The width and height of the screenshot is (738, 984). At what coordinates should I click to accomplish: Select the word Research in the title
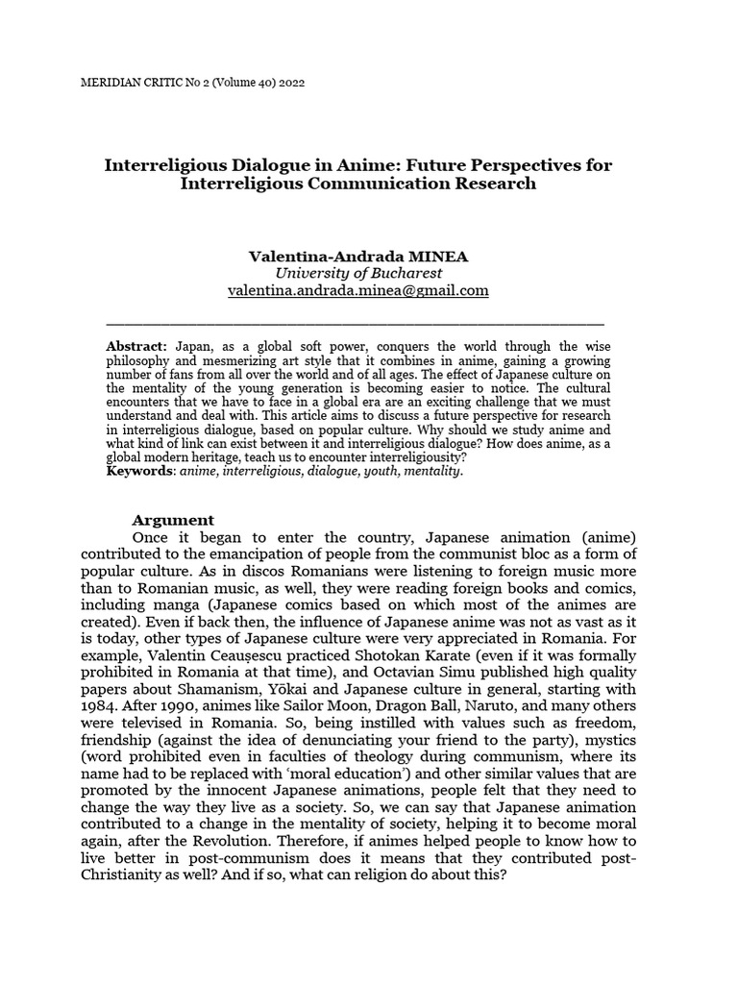click(x=488, y=184)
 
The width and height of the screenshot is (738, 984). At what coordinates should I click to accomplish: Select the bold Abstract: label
click(x=137, y=345)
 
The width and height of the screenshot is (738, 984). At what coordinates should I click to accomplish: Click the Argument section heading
click(x=173, y=520)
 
